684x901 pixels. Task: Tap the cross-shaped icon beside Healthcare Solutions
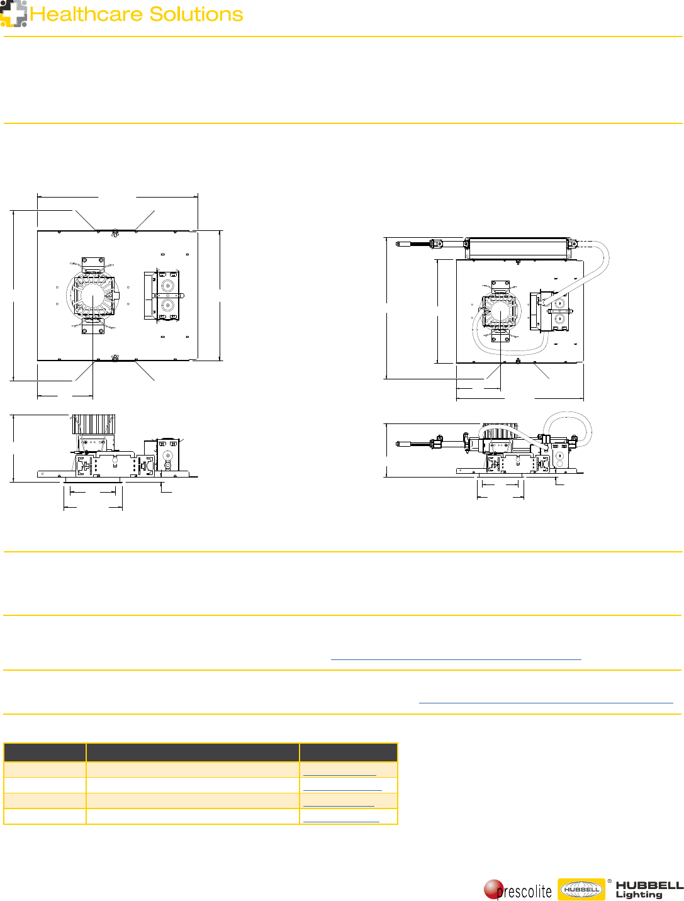coord(13,13)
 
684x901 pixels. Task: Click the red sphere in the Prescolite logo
coord(493,889)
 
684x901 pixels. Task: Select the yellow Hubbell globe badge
coord(581,890)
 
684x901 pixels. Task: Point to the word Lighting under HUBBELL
coord(639,895)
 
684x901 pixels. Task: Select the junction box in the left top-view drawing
coord(167,296)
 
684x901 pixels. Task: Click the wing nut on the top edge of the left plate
coord(115,233)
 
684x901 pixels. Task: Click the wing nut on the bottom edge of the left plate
coord(115,359)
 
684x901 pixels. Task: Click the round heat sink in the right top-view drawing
coord(500,312)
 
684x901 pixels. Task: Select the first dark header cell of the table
coord(45,753)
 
